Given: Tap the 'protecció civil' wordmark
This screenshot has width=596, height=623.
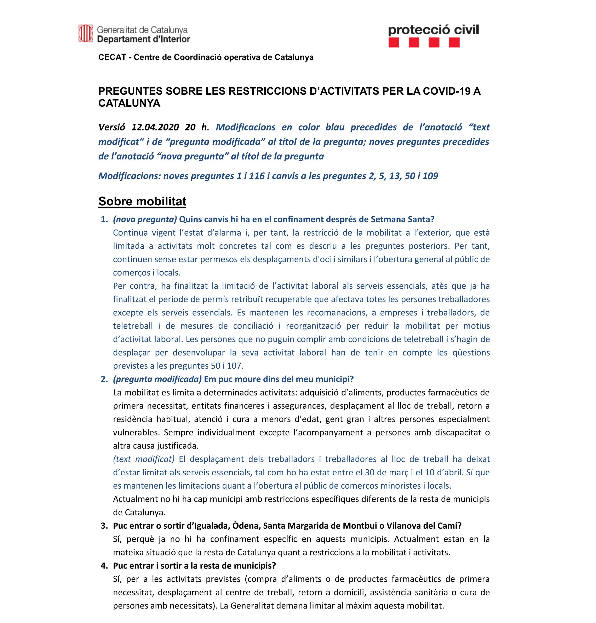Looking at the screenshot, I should tap(433, 30).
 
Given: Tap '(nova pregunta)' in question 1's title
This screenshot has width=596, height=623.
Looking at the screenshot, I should tap(145, 219).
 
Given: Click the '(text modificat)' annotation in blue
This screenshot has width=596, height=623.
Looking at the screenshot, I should tap(144, 459).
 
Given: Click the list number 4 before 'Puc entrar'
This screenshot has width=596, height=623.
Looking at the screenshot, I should tap(104, 566).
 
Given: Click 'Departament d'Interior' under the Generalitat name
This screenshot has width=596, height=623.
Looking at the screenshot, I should tap(143, 39).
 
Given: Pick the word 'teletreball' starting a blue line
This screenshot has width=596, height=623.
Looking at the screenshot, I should tap(133, 326).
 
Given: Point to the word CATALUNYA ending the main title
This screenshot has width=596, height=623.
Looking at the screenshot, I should tap(129, 103).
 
